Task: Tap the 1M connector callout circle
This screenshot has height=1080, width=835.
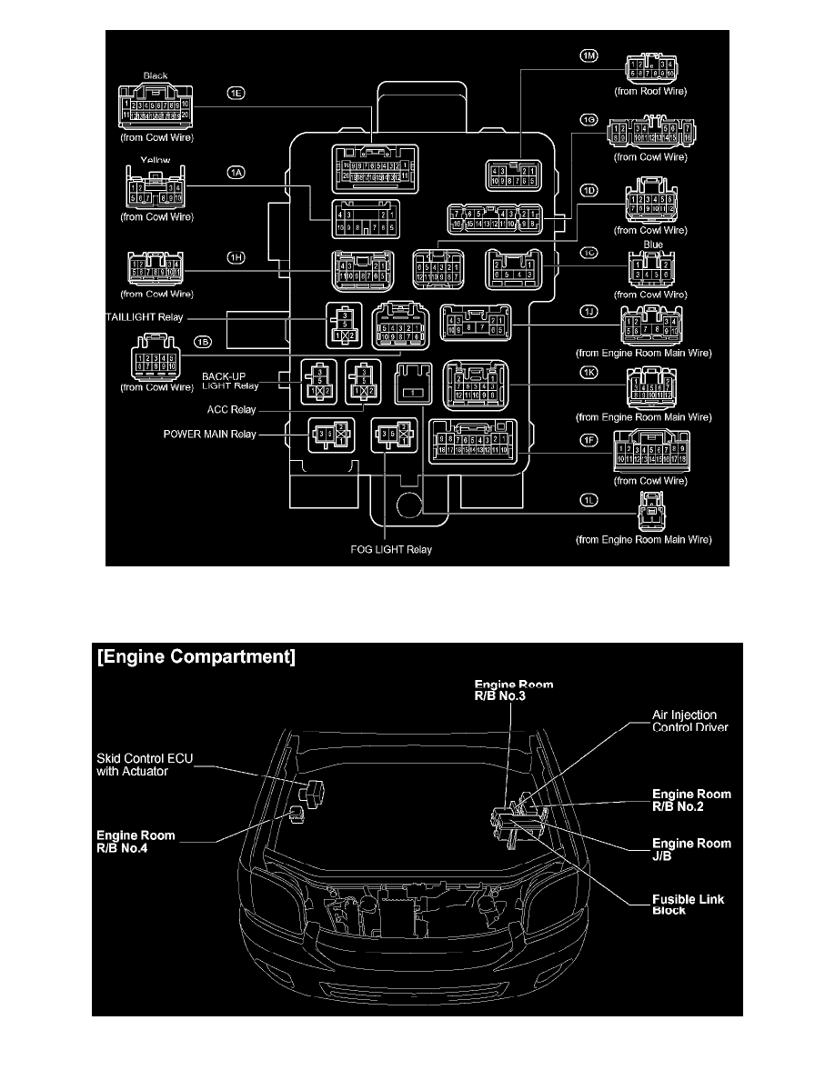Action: click(x=589, y=57)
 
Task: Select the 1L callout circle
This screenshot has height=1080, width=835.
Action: click(x=589, y=501)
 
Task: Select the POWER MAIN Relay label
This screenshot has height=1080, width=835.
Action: click(x=209, y=435)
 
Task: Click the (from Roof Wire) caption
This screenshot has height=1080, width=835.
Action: click(x=649, y=92)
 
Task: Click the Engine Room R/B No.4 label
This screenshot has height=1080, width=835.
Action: click(x=138, y=840)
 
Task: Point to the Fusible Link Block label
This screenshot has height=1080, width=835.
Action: click(x=689, y=905)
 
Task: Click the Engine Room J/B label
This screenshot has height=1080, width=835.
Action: click(x=691, y=849)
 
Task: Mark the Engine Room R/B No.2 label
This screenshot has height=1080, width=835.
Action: click(x=691, y=800)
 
